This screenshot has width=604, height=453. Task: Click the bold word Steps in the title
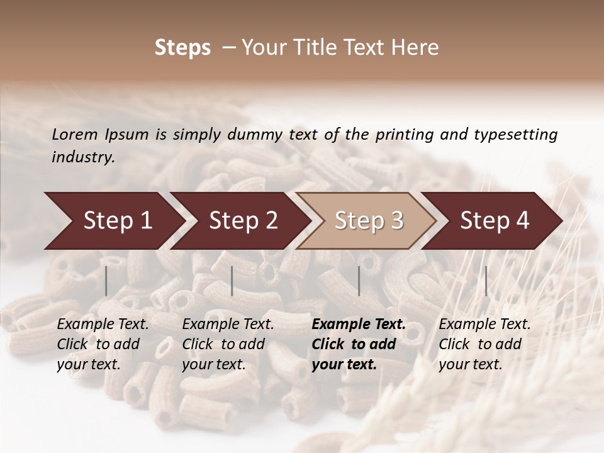pyautogui.click(x=182, y=48)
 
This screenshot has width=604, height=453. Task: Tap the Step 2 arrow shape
pyautogui.click(x=240, y=221)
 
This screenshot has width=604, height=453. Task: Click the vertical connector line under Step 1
pyautogui.click(x=106, y=281)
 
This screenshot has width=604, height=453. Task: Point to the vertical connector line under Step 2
pyautogui.click(x=232, y=281)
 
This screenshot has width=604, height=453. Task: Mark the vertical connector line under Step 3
pyautogui.click(x=359, y=281)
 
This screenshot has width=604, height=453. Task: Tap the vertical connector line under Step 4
pyautogui.click(x=486, y=281)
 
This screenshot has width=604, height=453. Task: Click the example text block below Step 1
pyautogui.click(x=103, y=344)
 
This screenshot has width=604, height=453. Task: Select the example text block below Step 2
pyautogui.click(x=228, y=344)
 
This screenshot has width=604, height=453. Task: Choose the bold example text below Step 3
pyautogui.click(x=359, y=344)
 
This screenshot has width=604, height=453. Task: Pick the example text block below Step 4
pyautogui.click(x=484, y=344)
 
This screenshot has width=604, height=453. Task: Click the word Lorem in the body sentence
pyautogui.click(x=75, y=134)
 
